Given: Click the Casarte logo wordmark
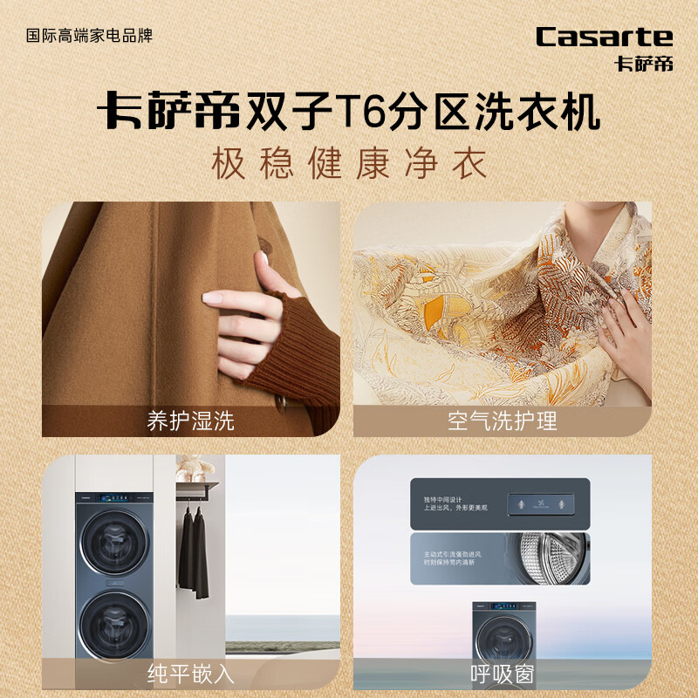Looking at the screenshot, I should (x=604, y=37).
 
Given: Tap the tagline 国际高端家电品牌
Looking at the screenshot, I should (x=90, y=36).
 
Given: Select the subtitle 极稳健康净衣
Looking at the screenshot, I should (x=349, y=165).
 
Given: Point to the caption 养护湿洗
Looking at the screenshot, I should (x=191, y=421).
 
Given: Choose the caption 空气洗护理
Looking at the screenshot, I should (x=502, y=421).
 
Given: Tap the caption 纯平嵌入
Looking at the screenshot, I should (x=191, y=673).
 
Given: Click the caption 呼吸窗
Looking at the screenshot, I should (x=502, y=673).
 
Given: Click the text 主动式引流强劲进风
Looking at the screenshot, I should (x=448, y=551).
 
